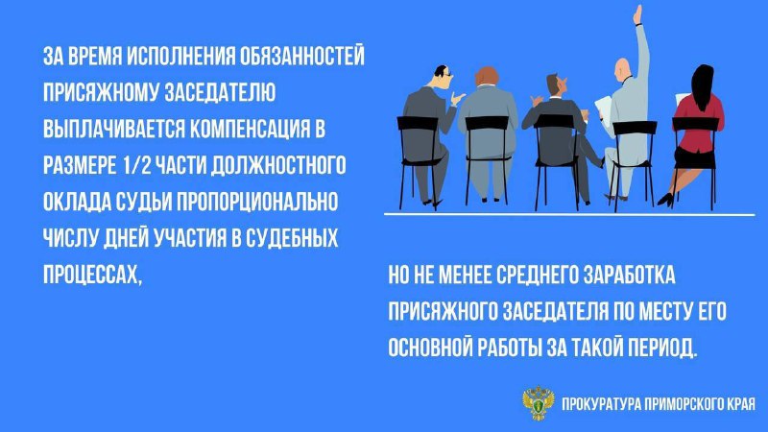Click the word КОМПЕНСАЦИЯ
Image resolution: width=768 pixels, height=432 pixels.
[x=250, y=129]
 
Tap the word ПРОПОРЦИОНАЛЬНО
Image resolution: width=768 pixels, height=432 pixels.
[x=256, y=202]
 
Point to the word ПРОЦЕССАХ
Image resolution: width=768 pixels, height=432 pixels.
[x=92, y=275]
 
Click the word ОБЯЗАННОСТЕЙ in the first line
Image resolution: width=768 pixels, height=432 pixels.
[x=301, y=57]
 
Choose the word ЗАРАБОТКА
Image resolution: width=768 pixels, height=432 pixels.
[x=630, y=275]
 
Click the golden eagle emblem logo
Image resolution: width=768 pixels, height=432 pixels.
[x=539, y=402]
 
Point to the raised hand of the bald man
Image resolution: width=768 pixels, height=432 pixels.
[x=637, y=14]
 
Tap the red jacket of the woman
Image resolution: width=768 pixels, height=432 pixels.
[x=699, y=121]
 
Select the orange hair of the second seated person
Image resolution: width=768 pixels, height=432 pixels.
[x=487, y=76]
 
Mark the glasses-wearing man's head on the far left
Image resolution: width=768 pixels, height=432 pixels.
[x=442, y=77]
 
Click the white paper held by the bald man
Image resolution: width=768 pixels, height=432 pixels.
[x=604, y=110]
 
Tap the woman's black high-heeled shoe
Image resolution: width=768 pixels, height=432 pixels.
[x=666, y=199]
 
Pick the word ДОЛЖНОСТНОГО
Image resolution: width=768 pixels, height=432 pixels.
[x=278, y=165]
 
